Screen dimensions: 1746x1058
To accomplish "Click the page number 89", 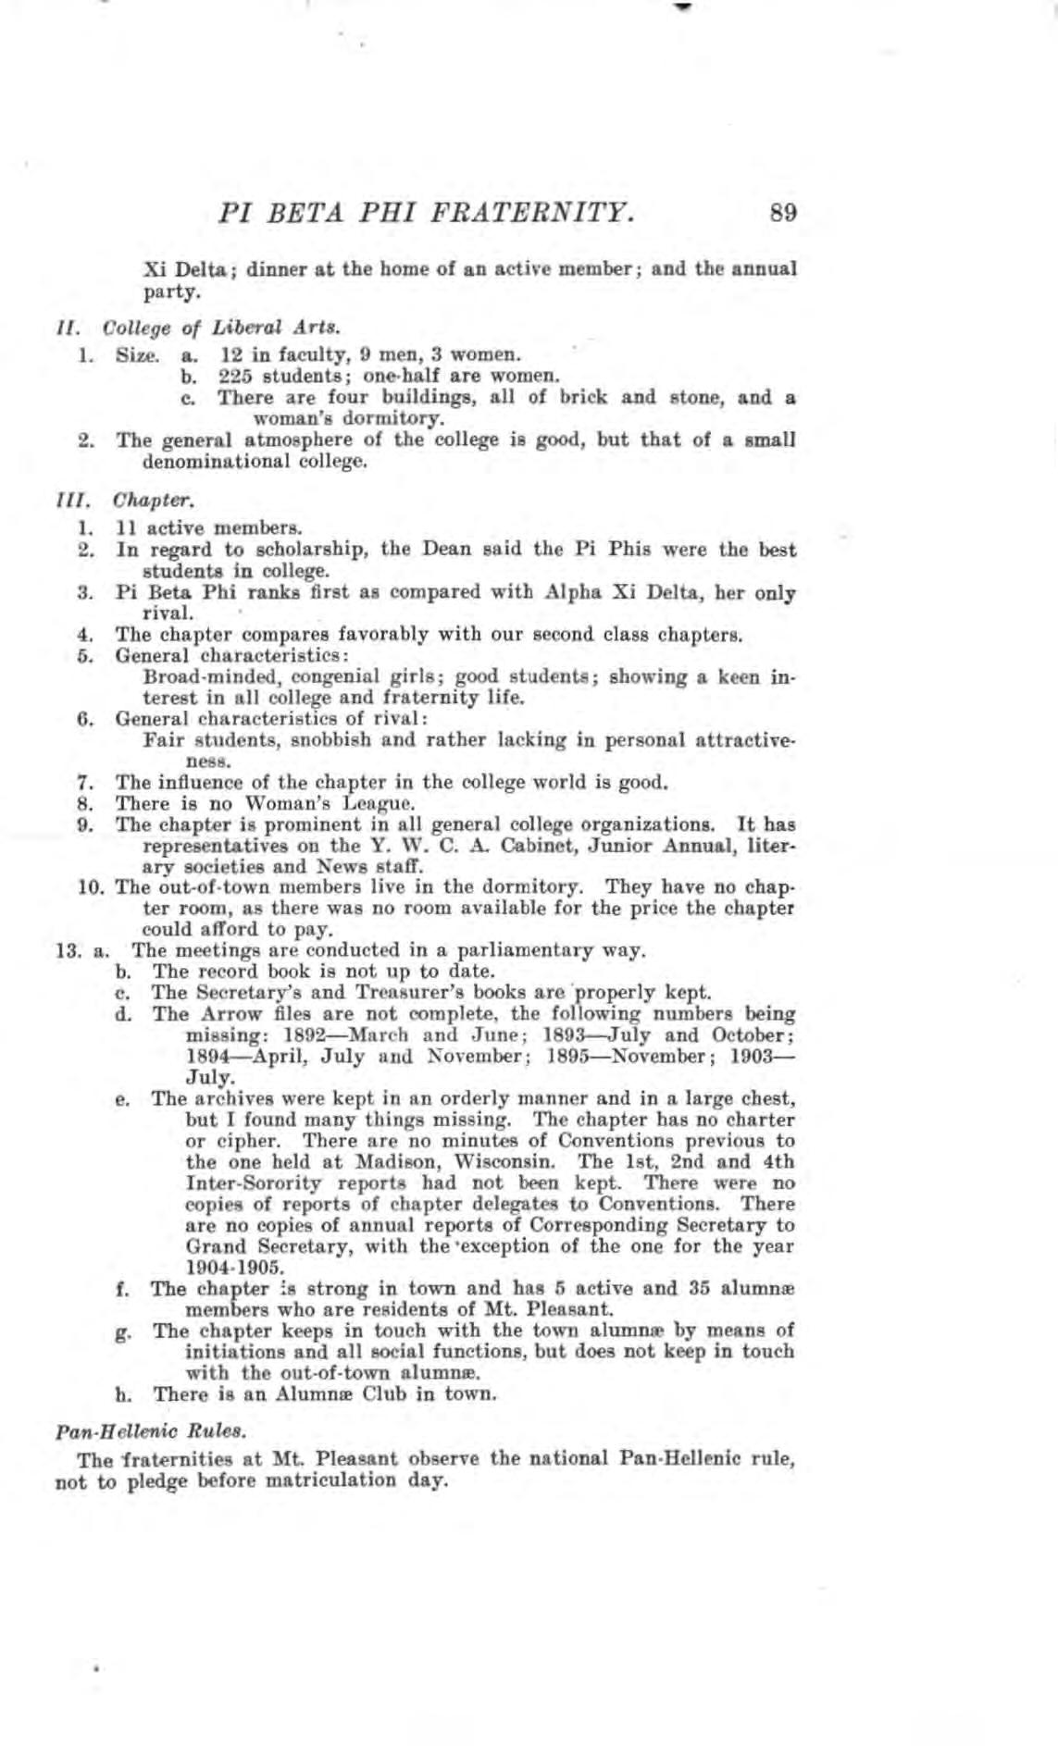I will (783, 214).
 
